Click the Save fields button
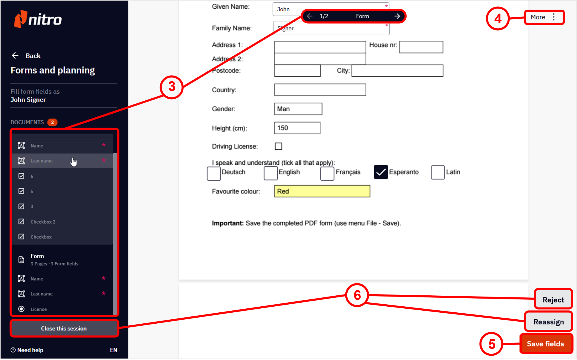pyautogui.click(x=546, y=344)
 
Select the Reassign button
pyautogui.click(x=548, y=322)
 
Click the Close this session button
pyautogui.click(x=64, y=328)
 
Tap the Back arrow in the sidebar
pyautogui.click(x=15, y=55)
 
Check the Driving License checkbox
pyautogui.click(x=278, y=146)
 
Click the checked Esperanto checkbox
pyautogui.click(x=381, y=172)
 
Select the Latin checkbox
pyautogui.click(x=438, y=172)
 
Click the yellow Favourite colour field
pyautogui.click(x=322, y=191)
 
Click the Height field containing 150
pyautogui.click(x=297, y=128)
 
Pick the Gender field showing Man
pyautogui.click(x=298, y=109)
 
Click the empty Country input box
pyautogui.click(x=320, y=90)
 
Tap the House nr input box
pyautogui.click(x=421, y=47)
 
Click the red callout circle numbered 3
pyautogui.click(x=172, y=87)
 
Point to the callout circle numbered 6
pyautogui.click(x=357, y=295)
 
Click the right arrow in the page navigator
pyautogui.click(x=397, y=16)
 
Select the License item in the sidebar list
pyautogui.click(x=39, y=309)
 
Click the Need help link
pyautogui.click(x=27, y=350)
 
